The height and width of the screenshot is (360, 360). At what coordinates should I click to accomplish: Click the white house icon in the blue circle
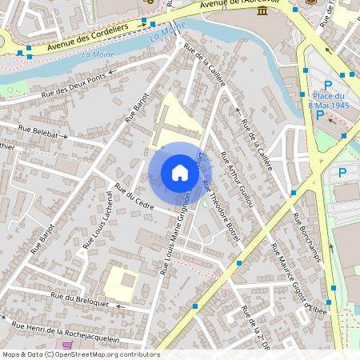180,173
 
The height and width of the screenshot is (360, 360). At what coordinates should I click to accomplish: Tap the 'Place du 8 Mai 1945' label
331,101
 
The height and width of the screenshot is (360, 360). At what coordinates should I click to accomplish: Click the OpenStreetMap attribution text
80,354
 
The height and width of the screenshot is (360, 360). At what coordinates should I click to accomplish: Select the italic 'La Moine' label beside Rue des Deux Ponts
98,54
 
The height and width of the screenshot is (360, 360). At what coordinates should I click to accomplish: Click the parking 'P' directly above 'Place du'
327,86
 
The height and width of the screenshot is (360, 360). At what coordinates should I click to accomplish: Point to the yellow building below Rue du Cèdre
119,281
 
